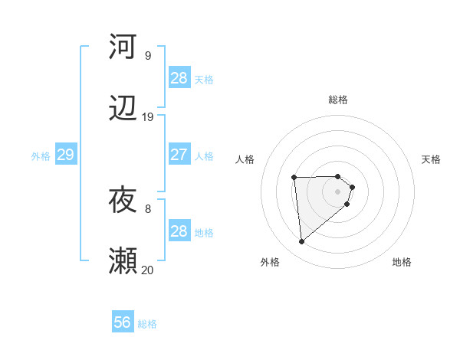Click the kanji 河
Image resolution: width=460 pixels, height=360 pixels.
[x=123, y=46]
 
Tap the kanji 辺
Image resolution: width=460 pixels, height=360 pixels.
[x=123, y=110]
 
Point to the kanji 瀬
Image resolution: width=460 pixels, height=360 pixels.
[x=123, y=261]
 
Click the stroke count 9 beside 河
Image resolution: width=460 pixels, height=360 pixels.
[x=147, y=56]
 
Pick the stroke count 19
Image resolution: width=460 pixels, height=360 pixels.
[x=147, y=117]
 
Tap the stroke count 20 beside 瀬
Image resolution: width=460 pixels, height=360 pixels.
[x=147, y=270]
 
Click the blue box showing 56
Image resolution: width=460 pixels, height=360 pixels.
[x=123, y=322]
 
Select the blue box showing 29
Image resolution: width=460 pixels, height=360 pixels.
[x=65, y=155]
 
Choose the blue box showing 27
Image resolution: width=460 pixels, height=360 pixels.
[x=179, y=155]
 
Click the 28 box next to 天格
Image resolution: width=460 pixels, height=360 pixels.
[x=179, y=78]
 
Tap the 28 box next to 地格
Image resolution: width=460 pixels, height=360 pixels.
[x=179, y=231]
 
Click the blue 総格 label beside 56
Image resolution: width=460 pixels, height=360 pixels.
[x=147, y=324]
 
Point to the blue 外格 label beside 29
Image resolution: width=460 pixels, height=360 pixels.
[x=41, y=156]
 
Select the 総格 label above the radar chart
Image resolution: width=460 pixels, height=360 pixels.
[x=338, y=100]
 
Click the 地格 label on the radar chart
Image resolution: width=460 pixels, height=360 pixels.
[x=402, y=262]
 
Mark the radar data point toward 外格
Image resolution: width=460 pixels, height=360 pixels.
[x=302, y=242]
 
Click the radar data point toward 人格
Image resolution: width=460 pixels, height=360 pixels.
[x=294, y=178]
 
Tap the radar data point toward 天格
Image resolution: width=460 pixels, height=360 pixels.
[x=352, y=187]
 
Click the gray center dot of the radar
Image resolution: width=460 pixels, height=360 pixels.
[x=338, y=191]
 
